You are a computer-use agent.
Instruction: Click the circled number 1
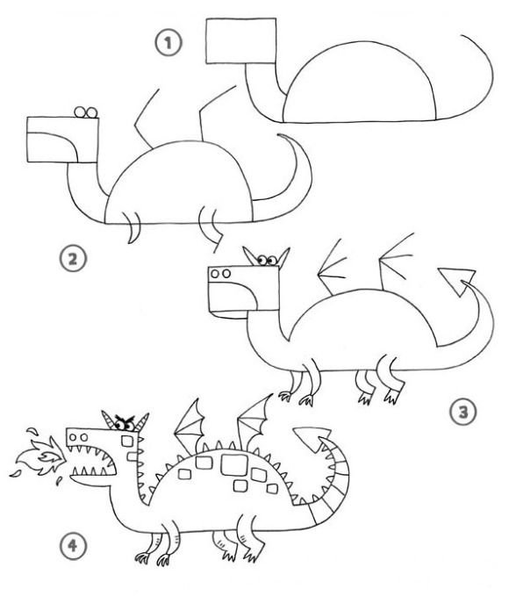[168, 42]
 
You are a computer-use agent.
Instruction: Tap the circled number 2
[73, 259]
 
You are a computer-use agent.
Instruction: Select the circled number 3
[463, 412]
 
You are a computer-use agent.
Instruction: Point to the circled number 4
[73, 546]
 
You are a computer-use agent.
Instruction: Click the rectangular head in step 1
[241, 40]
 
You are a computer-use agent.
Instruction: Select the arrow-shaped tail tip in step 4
[312, 438]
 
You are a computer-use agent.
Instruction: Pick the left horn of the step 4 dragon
[108, 420]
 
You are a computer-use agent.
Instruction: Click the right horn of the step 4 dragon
[142, 421]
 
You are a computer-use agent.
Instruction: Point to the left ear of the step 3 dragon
[250, 255]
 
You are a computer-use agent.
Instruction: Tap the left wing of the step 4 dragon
[190, 425]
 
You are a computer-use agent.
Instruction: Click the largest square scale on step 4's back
[234, 464]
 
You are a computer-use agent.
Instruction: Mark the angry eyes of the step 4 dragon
[125, 422]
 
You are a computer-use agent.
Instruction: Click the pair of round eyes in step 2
[86, 112]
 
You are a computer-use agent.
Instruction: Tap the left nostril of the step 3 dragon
[215, 274]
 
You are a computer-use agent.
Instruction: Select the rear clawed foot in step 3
[393, 395]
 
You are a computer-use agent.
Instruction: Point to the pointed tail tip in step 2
[281, 135]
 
